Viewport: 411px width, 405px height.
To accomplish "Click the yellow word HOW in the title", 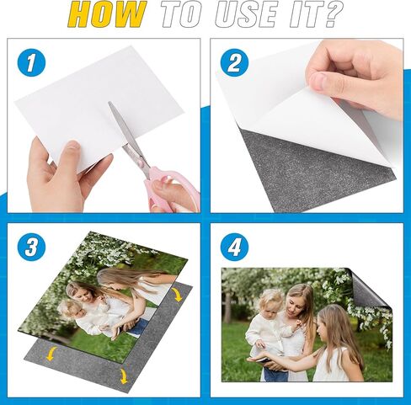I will (x=107, y=14).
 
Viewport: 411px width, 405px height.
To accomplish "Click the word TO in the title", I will (x=181, y=14).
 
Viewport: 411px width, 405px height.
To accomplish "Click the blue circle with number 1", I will (x=31, y=62).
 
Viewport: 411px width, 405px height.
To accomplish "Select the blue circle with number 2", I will (x=234, y=62).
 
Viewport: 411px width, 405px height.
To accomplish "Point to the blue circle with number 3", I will (x=31, y=248).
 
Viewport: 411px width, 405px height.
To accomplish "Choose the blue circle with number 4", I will (x=234, y=248).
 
